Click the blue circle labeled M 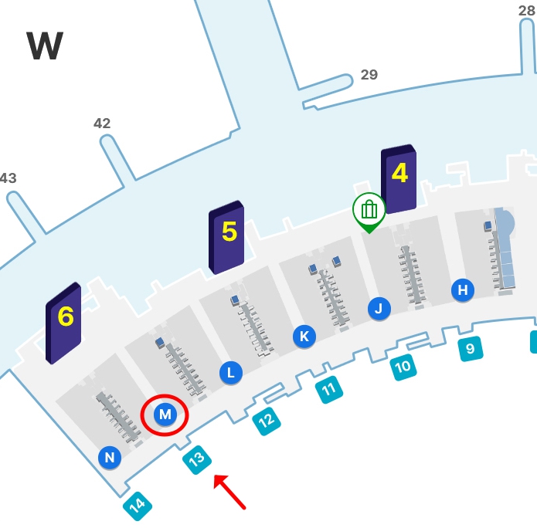coord(165,415)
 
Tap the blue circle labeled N coord(110,458)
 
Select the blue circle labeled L coord(230,373)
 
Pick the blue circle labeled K coord(304,337)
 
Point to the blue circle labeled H coord(463,290)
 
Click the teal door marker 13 coord(197,460)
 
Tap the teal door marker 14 coord(138,506)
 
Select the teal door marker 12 coord(266,421)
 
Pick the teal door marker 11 coord(330,390)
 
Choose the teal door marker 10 coord(403,367)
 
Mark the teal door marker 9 coord(470,349)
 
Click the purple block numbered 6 coord(64,322)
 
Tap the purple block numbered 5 coord(227,237)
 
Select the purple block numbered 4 coord(399,178)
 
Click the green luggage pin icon coord(369,210)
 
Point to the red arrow coord(229,492)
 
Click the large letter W coord(45,47)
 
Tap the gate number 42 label coord(102,124)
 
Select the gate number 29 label coord(369,75)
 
